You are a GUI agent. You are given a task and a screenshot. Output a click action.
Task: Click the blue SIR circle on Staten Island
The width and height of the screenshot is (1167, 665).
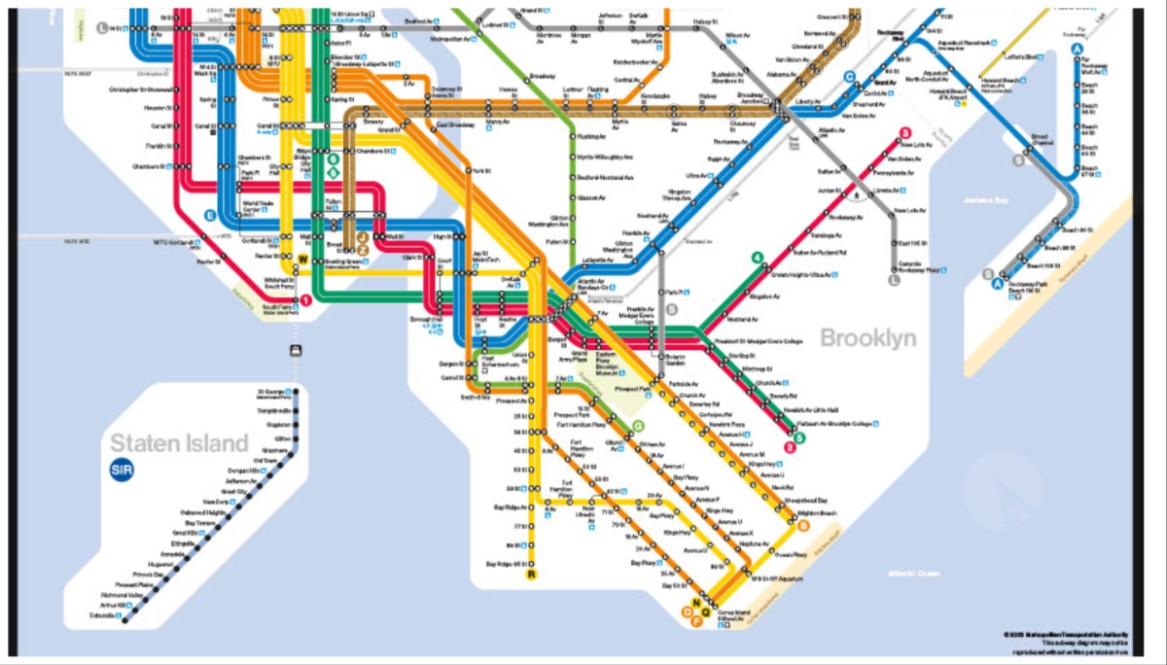coord(122,471)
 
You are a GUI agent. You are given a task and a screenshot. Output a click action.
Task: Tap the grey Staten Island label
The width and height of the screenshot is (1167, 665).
coord(179,443)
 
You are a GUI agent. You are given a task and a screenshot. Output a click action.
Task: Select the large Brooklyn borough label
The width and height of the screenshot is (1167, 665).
coord(868,338)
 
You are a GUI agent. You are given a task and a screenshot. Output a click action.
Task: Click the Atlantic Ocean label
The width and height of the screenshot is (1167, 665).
coord(914,574)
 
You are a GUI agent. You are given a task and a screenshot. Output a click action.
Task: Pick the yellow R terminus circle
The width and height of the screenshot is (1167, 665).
coord(531,575)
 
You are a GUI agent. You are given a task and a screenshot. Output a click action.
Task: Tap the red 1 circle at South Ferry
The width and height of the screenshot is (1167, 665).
coord(305,300)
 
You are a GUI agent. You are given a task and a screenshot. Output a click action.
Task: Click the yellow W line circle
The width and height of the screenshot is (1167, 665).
coord(302,259)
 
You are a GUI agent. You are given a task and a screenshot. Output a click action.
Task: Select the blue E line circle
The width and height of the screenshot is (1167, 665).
coord(209,215)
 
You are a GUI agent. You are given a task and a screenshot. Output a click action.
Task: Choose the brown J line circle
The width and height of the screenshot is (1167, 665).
coord(362,236)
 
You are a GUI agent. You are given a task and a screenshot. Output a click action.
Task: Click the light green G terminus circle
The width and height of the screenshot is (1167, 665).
coord(639,425)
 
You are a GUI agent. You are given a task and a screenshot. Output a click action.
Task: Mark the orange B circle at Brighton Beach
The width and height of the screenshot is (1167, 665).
coord(803,527)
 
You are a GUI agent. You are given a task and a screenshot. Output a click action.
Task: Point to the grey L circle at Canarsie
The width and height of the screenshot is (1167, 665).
coord(895,280)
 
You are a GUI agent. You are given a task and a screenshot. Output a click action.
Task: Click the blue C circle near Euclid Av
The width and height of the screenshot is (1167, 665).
coord(849,77)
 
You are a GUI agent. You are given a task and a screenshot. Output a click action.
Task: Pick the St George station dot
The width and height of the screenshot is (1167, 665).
coord(297,393)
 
